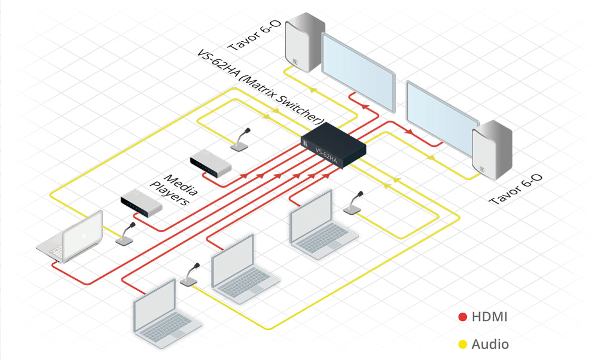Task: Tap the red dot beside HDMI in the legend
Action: [x=462, y=317]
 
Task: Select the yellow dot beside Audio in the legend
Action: [x=462, y=344]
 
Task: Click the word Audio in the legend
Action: [x=490, y=344]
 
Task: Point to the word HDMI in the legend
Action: [x=490, y=317]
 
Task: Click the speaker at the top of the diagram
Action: [x=304, y=45]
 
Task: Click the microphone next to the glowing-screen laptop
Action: [x=126, y=234]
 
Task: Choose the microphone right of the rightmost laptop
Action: [x=354, y=203]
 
